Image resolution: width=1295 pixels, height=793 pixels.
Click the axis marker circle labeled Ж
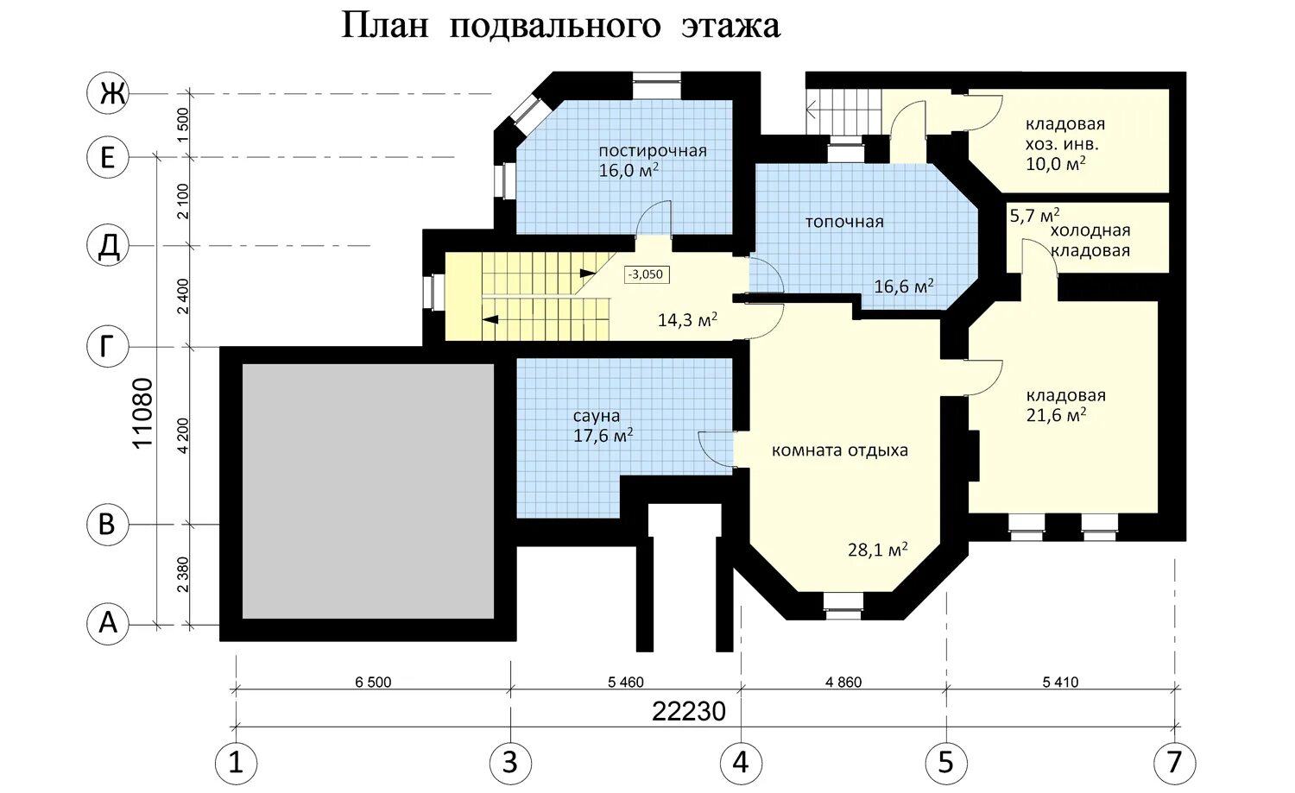(108, 93)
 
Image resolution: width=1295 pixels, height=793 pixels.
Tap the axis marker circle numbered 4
(741, 763)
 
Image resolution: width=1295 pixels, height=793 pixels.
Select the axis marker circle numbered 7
(1175, 763)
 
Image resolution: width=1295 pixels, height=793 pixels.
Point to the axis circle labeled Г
(108, 347)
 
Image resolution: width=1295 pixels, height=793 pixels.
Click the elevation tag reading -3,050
(647, 274)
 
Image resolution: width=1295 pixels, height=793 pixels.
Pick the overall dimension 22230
(689, 712)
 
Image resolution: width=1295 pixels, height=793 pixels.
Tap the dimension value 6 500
(373, 683)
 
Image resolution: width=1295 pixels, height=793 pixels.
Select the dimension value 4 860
(843, 683)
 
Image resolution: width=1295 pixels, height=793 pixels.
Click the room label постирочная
(652, 151)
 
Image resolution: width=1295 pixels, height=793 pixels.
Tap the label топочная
(844, 222)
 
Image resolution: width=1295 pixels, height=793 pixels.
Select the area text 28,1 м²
(878, 549)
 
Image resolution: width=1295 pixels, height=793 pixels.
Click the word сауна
(596, 416)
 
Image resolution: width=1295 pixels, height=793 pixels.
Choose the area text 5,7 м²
(1034, 216)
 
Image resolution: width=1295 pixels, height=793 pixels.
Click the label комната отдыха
(839, 450)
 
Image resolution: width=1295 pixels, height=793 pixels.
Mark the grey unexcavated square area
(368, 491)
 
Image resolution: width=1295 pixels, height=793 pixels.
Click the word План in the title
(385, 26)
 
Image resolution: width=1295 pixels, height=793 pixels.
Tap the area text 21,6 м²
(1056, 415)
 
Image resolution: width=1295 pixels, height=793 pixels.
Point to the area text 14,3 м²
(687, 319)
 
